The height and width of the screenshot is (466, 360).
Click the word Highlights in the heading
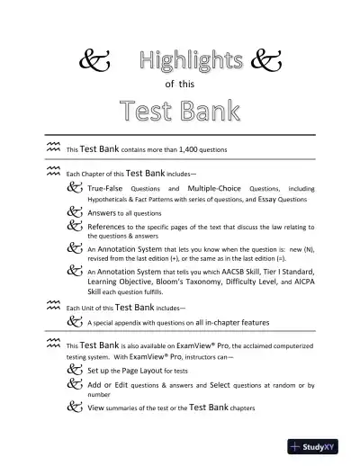192,61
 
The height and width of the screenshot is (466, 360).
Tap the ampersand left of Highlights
90,62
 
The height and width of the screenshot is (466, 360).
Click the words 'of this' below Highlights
181,84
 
